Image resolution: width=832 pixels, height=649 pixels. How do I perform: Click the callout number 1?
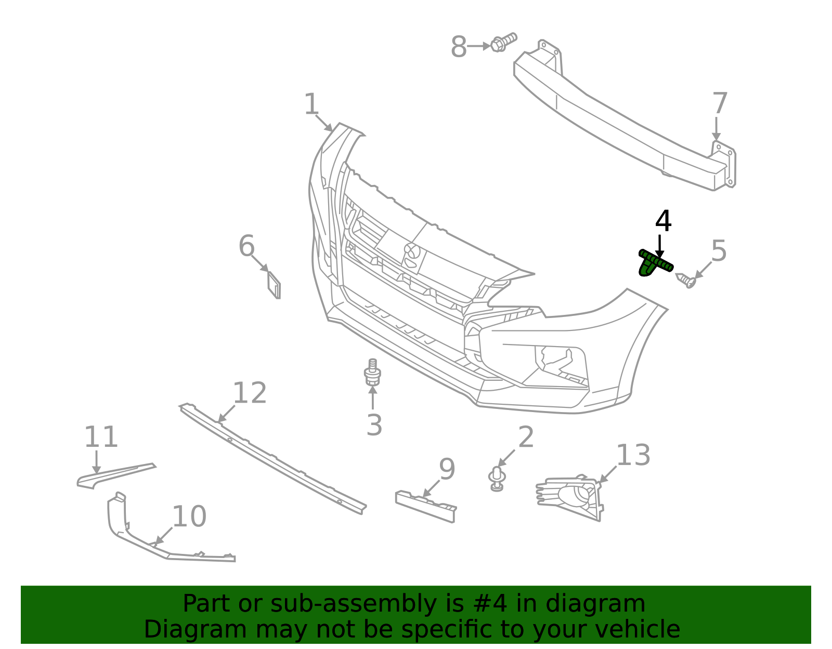coord(311,104)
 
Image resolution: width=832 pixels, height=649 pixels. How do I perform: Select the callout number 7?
coord(720,103)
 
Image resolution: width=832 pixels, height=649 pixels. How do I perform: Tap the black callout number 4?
coord(663,221)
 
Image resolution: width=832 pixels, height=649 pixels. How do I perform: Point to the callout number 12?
coord(250,393)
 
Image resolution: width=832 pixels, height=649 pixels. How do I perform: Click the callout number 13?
coord(633,455)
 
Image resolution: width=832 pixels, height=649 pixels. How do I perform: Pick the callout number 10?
coord(189,516)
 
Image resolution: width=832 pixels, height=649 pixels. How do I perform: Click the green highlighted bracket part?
coord(654,263)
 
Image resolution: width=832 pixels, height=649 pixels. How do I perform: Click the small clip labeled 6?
coord(274,285)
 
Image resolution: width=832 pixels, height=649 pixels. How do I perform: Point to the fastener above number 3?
coord(372,373)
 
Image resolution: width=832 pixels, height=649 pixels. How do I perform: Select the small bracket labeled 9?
coord(425,506)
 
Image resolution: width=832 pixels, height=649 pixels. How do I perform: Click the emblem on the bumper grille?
coord(412,252)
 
